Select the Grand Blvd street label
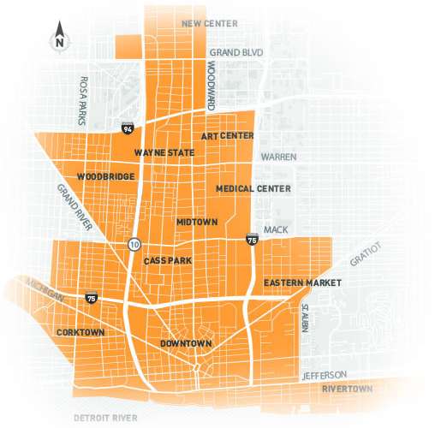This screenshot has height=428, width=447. click(x=235, y=53)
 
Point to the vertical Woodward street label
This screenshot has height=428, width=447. click(x=211, y=86)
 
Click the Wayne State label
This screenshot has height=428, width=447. click(x=164, y=153)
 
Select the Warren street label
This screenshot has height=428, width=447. click(x=278, y=158)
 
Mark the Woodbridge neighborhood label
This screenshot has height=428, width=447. click(x=105, y=177)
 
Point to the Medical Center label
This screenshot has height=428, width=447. click(x=253, y=188)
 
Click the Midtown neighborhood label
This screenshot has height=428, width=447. click(x=197, y=222)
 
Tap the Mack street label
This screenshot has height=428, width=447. click(x=277, y=229)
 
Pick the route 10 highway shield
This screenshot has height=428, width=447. click(x=134, y=245)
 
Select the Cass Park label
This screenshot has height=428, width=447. click(x=167, y=260)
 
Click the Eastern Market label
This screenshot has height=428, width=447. click(x=302, y=282)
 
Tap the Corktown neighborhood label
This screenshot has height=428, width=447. click(x=80, y=331)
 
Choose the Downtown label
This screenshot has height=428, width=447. click(x=185, y=344)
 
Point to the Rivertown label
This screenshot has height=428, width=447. click(x=347, y=389)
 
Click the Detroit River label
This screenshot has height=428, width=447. click(x=105, y=418)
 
